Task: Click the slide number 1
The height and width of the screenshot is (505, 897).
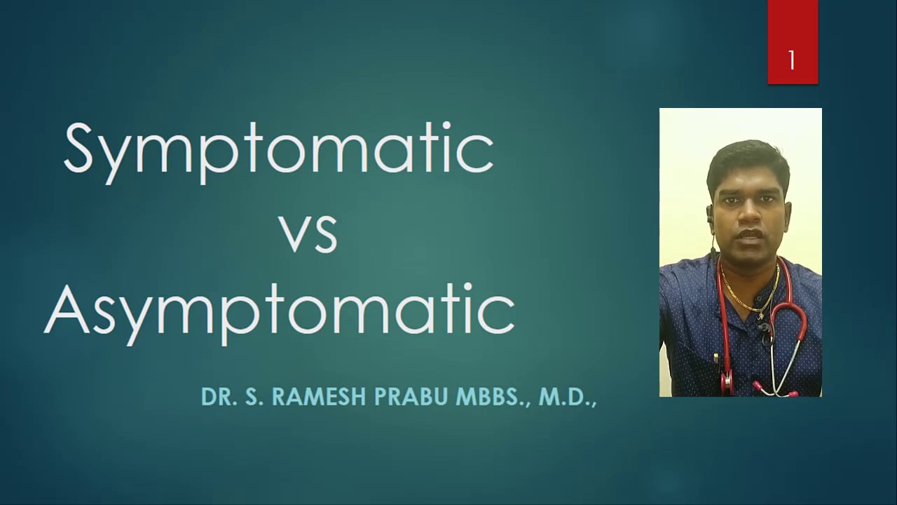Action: (792, 61)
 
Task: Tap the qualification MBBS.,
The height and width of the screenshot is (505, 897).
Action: (493, 397)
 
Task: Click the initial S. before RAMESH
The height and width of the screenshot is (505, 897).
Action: (253, 397)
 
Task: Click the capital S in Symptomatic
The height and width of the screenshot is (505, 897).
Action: (78, 149)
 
